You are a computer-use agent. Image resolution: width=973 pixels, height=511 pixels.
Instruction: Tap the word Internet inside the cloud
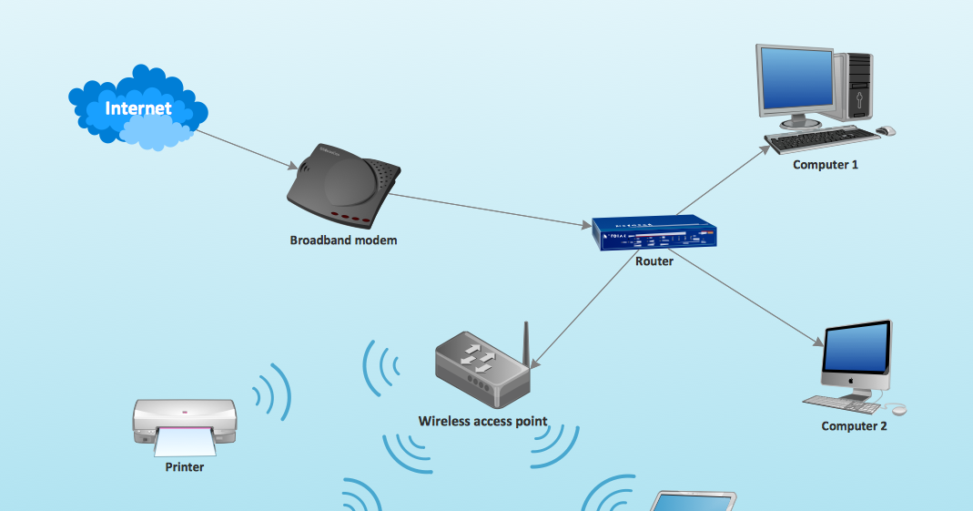coord(138,108)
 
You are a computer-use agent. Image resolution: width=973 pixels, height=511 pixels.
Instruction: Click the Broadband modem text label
coord(343,240)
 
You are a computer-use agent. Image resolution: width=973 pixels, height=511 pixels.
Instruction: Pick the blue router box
coord(654,234)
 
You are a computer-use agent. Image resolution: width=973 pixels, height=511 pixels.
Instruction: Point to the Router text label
coord(654,261)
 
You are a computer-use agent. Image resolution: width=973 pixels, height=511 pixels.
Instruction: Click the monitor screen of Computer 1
coord(797,79)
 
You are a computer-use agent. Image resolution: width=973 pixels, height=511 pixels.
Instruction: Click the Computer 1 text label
coord(825,165)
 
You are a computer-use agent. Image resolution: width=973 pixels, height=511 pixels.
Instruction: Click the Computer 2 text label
coord(853,425)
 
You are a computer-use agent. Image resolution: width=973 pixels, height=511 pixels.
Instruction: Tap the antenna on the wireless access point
coord(525,343)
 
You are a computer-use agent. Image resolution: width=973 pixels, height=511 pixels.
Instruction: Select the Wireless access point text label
coord(482,421)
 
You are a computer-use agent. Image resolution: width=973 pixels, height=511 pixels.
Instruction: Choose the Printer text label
coord(184,467)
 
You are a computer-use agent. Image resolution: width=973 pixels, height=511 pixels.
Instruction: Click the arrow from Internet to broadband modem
coord(246,149)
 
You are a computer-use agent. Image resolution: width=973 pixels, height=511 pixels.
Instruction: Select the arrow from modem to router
coord(492,210)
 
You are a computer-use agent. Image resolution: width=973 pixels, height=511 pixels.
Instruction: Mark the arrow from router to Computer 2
coord(746,301)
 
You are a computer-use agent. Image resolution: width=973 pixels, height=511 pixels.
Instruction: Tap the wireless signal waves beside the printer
coord(271,393)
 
